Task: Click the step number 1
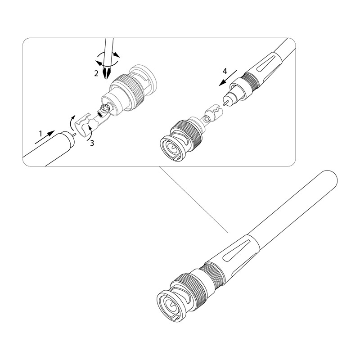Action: (40, 133)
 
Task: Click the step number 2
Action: (96, 73)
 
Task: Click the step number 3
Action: (92, 143)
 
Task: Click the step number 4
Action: (225, 72)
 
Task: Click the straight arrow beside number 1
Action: (45, 137)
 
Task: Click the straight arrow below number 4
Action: (228, 78)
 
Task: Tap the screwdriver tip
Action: (106, 73)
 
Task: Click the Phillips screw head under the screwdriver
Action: (106, 108)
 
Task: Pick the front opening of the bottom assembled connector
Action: (171, 306)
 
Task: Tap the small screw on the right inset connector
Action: (206, 119)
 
